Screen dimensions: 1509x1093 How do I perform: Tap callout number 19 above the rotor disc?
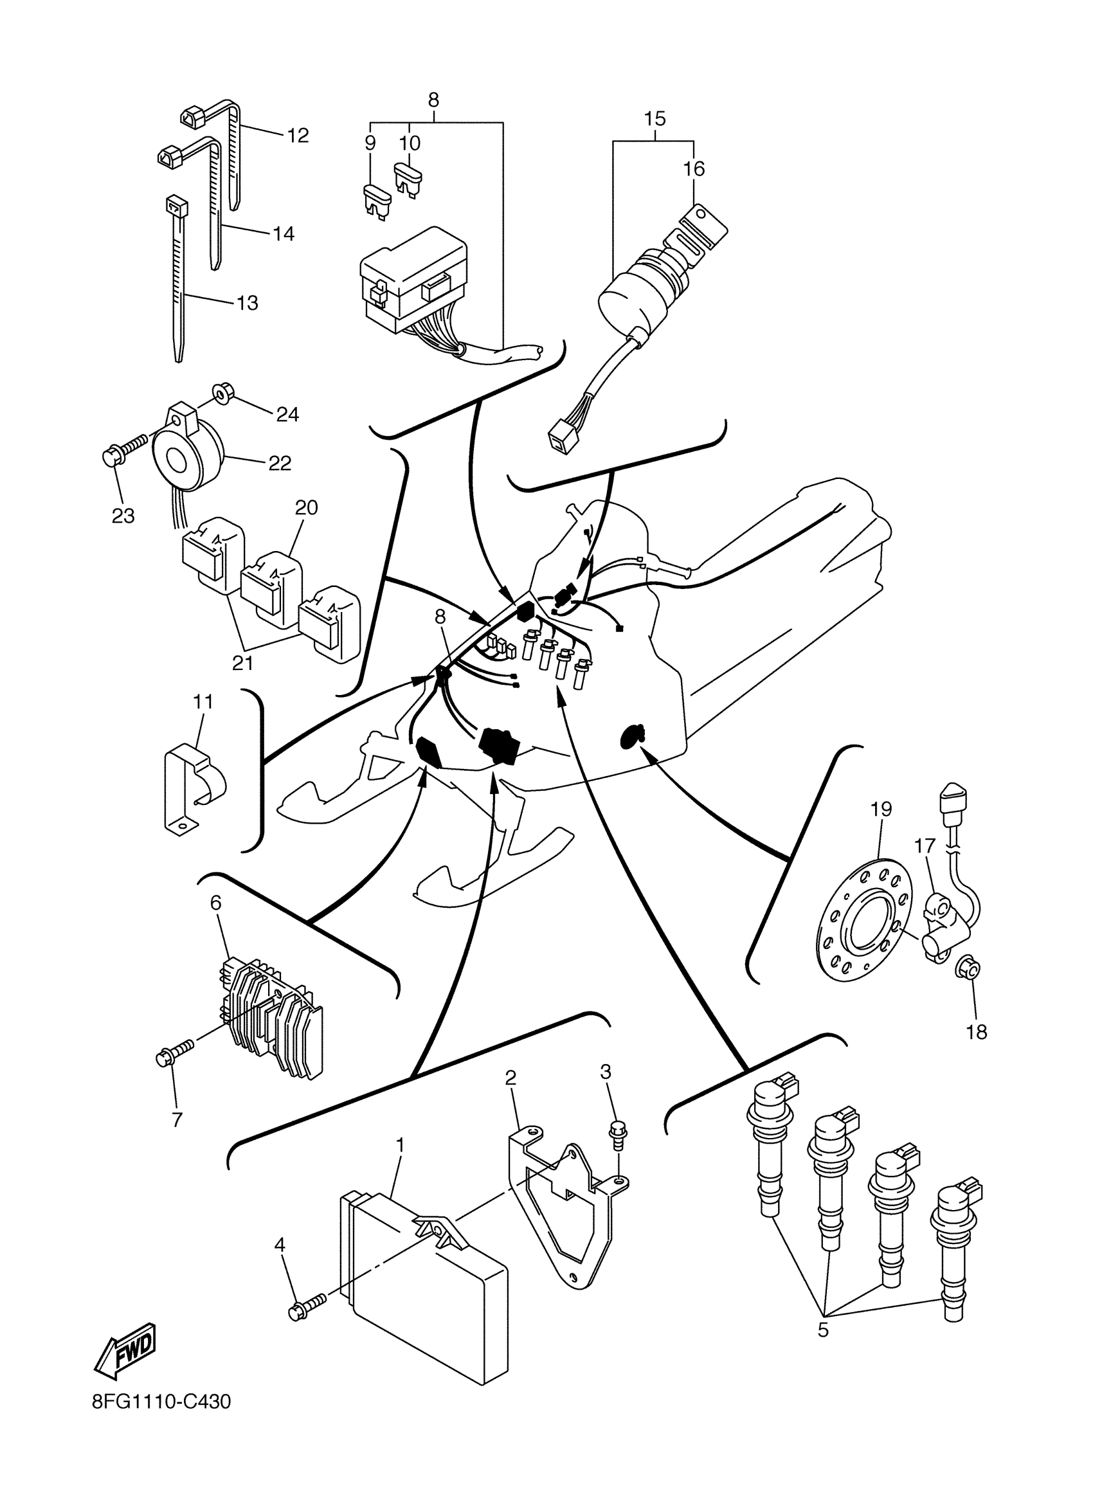point(881,809)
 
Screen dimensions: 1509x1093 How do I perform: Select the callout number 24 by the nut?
point(287,415)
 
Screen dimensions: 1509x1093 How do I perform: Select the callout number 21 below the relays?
point(242,664)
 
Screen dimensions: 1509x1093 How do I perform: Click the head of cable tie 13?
point(175,206)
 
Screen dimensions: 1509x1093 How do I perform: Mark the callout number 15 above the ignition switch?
point(655,119)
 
